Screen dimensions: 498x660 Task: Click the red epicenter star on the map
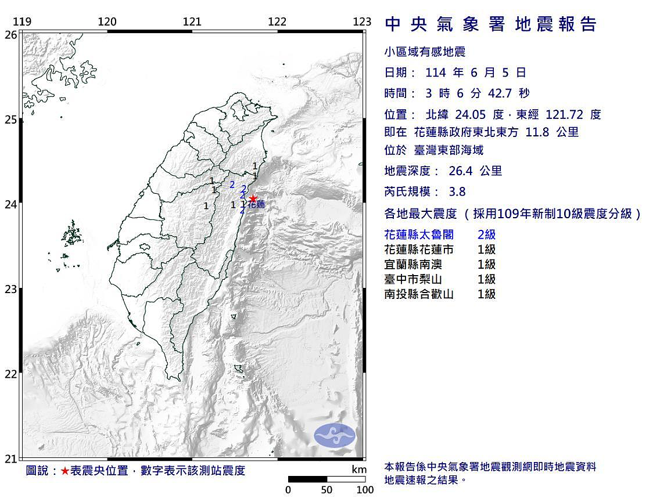pos(253,199)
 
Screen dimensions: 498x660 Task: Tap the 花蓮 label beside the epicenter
pos(257,205)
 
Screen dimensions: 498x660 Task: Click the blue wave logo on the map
pos(334,435)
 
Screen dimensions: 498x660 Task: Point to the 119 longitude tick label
pos(22,22)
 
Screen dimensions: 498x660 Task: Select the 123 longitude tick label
pos(362,22)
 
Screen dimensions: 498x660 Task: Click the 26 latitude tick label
pos(10,35)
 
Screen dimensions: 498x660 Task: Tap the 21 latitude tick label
pos(10,459)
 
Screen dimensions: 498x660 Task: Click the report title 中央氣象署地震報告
pos(491,24)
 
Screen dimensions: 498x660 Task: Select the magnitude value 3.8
pos(457,192)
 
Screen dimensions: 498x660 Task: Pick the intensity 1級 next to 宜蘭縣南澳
pos(486,265)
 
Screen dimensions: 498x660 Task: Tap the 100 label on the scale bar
pos(365,489)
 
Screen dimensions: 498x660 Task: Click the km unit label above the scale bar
pos(358,469)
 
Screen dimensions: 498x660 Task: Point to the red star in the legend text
pos(64,471)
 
